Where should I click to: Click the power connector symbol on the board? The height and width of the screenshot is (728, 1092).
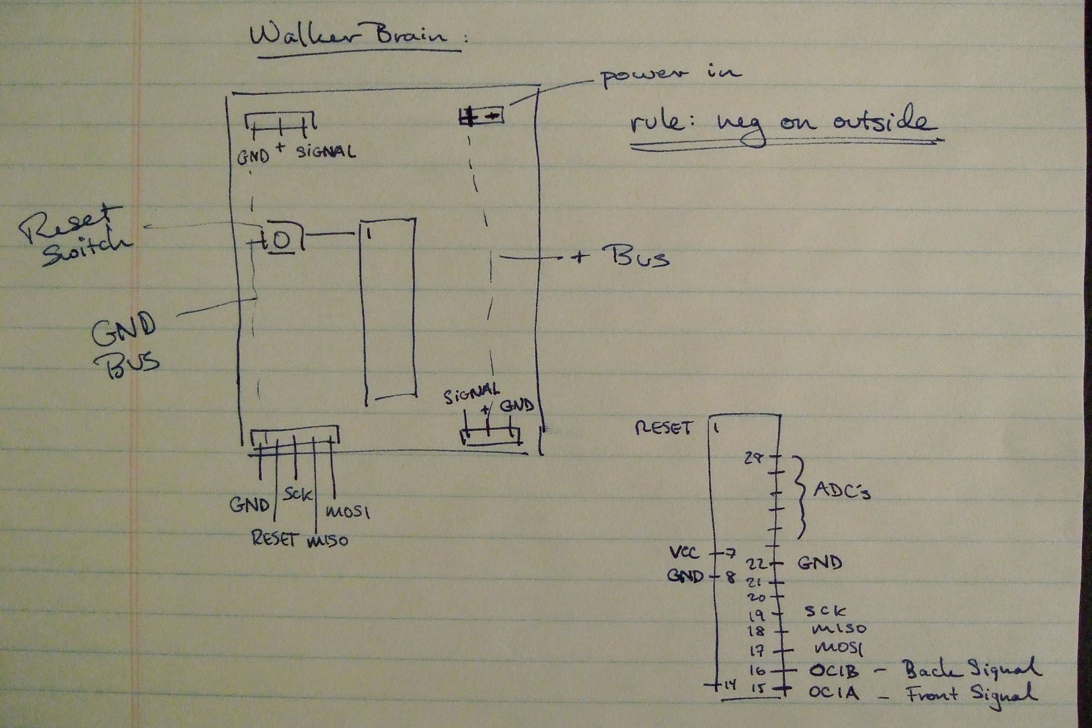tap(481, 116)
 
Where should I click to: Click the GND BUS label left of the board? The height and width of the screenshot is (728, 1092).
tap(126, 344)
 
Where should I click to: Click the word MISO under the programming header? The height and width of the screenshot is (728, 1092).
tap(327, 541)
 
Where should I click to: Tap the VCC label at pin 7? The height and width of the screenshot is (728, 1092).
tap(684, 552)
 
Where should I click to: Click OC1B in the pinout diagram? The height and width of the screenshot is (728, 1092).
tap(834, 672)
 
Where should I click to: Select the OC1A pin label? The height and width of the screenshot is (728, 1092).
tap(834, 693)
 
